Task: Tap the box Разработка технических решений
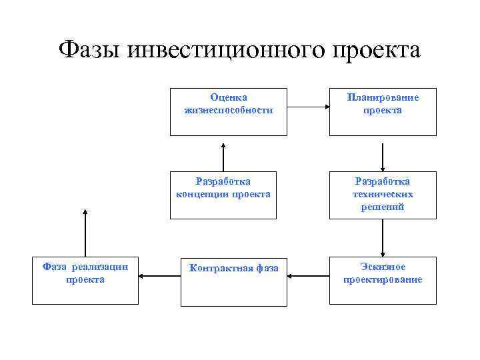tap(383, 195)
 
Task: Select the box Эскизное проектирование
tap(383, 281)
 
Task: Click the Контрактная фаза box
tap(233, 281)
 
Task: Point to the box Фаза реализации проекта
tap(85, 281)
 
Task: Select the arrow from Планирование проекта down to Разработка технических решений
tap(383, 153)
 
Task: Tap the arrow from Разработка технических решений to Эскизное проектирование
tap(383, 238)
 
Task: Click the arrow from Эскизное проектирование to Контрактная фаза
tap(308, 274)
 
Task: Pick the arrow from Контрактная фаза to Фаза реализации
tap(160, 274)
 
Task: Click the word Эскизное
tap(383, 267)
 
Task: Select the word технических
tap(383, 194)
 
